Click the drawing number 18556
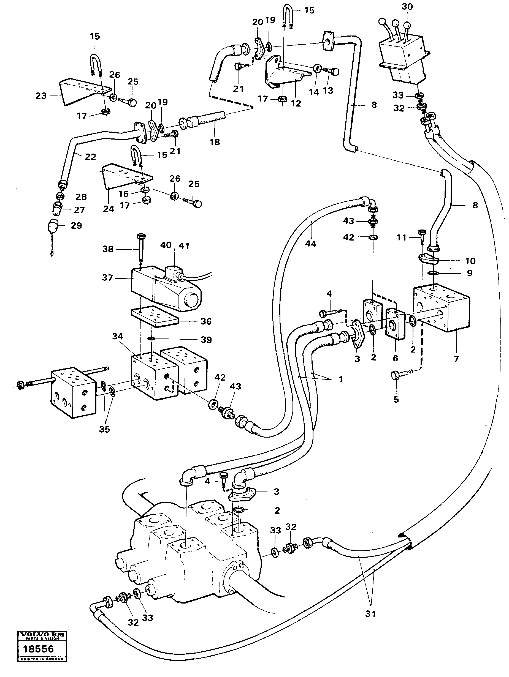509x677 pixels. (38, 649)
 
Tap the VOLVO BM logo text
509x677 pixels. (42, 635)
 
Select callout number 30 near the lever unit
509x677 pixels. (407, 6)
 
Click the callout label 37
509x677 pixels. (107, 278)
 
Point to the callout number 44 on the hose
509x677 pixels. (310, 244)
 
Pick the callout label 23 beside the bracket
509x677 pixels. (41, 96)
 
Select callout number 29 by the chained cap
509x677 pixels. (76, 226)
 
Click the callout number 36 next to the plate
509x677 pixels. (206, 321)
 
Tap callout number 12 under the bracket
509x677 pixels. (296, 103)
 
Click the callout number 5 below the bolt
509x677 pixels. (396, 399)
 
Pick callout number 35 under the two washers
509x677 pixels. (104, 429)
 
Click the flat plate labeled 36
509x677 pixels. (155, 317)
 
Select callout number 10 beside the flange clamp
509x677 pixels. (470, 261)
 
